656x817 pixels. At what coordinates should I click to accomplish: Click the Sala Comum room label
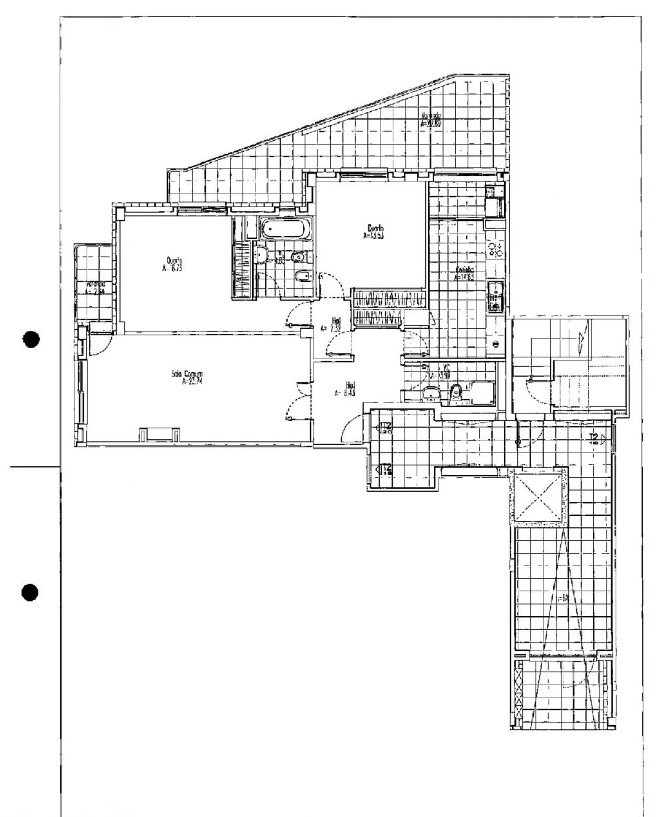(188, 377)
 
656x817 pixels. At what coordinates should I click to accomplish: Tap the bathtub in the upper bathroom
(285, 229)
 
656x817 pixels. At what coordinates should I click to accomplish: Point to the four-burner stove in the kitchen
(496, 249)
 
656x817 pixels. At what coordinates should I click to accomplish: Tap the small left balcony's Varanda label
(95, 288)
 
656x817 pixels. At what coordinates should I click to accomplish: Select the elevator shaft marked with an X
(539, 498)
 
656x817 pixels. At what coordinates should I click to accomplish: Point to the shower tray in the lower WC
(482, 393)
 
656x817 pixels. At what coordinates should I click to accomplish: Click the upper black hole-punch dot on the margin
(32, 339)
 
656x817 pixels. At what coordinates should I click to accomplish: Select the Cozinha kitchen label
(464, 273)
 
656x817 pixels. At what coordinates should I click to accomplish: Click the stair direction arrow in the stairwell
(581, 339)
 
